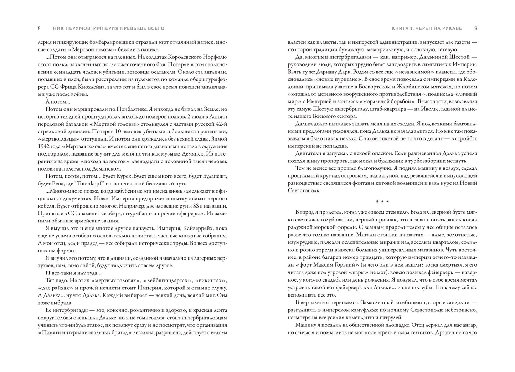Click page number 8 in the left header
click(39, 28)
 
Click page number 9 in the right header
click(475, 28)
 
